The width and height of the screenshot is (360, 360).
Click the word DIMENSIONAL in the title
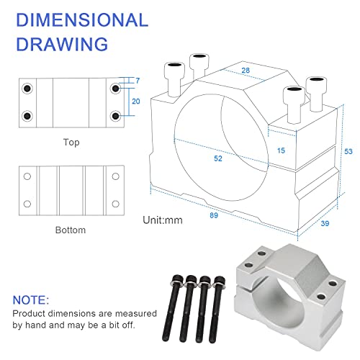(x=81, y=19)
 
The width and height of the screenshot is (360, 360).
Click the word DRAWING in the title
(x=61, y=44)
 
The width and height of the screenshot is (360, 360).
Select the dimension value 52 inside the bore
(x=217, y=158)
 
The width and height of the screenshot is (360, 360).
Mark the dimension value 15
(x=282, y=150)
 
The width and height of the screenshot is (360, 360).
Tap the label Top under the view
(x=71, y=143)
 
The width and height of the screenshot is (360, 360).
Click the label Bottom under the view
(x=71, y=230)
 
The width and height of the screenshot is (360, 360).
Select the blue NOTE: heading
(x=31, y=299)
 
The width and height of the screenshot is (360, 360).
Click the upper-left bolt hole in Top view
(x=27, y=89)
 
